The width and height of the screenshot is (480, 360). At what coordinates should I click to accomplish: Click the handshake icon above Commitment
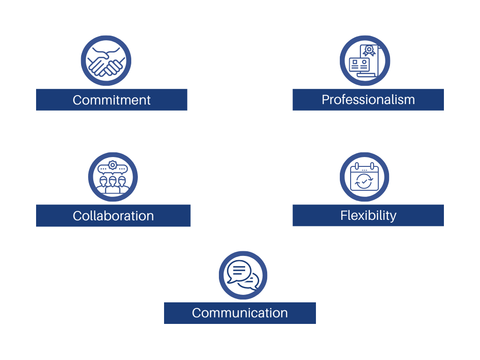[106, 61]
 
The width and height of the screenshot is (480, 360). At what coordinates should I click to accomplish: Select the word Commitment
[112, 100]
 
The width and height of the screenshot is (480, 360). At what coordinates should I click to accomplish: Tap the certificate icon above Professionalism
[365, 61]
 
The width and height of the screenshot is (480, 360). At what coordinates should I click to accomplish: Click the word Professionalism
[368, 99]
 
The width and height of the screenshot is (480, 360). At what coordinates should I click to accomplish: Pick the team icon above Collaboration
[113, 177]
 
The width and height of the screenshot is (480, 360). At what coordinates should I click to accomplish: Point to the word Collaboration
[113, 216]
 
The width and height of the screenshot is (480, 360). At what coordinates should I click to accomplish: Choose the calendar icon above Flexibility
[364, 177]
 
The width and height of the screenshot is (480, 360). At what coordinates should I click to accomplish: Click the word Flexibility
[368, 215]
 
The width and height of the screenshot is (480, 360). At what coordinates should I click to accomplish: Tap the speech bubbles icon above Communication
[243, 275]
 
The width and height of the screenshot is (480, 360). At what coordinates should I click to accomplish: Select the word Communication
[240, 313]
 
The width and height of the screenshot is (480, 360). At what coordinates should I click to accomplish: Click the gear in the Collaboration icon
[112, 165]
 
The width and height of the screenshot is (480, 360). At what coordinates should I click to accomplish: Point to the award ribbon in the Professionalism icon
[369, 50]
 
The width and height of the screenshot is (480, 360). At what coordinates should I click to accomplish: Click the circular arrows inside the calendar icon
[364, 181]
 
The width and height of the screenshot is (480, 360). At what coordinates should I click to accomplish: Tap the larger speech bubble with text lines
[238, 270]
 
